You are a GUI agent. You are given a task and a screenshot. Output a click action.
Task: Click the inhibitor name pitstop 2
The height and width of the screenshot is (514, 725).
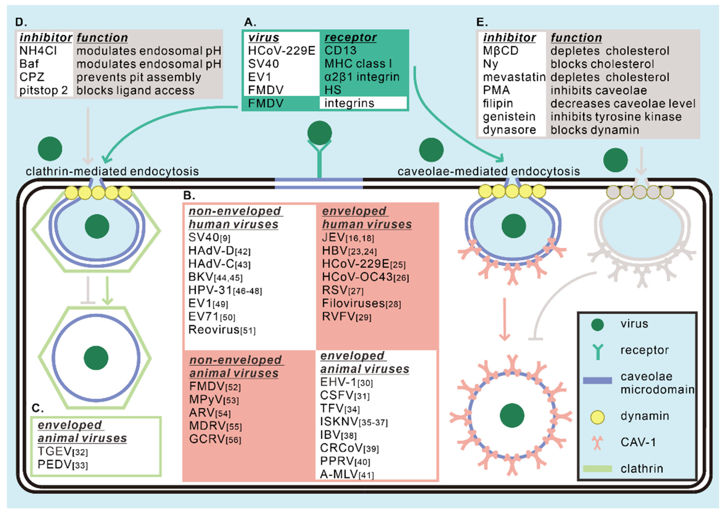click(43, 90)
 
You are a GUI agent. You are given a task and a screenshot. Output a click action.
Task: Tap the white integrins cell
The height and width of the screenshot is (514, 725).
click(363, 103)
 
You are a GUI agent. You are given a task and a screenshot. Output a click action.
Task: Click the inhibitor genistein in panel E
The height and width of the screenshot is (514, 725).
click(509, 117)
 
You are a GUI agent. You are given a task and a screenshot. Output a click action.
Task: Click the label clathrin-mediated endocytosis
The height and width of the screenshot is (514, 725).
click(112, 171)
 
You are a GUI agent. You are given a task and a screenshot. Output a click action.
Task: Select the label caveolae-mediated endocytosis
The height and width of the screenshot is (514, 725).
click(488, 171)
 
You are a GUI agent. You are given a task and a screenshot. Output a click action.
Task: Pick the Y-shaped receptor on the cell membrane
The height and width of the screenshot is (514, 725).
click(319, 158)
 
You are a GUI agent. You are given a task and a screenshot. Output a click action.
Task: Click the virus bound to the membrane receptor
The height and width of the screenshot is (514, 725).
click(319, 133)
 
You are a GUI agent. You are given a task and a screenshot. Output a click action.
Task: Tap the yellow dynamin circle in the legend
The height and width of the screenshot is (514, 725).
click(598, 417)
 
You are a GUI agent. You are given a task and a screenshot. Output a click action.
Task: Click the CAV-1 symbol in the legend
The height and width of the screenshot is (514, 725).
click(597, 443)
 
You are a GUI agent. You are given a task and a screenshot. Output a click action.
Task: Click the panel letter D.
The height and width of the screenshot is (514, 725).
click(21, 22)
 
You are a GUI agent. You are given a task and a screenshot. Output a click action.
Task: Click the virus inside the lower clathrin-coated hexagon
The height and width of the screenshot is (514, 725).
click(96, 358)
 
